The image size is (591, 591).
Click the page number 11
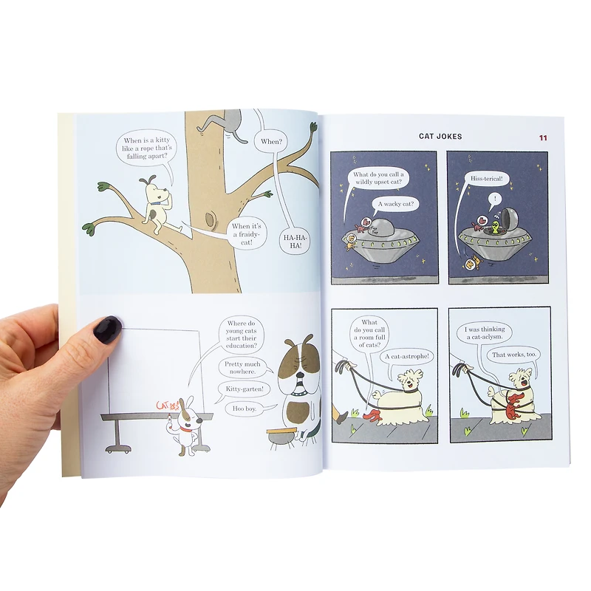pos(543,137)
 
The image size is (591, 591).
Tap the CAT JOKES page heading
pos(440,136)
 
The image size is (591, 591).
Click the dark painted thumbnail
pos(107,329)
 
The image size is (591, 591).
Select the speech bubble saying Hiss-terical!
pos(486,179)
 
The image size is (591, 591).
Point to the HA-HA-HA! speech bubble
pos(295,242)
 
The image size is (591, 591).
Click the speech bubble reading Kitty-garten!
pos(245,389)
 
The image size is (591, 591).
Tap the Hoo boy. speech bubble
pos(245,409)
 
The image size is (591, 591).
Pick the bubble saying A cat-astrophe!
pos(407,356)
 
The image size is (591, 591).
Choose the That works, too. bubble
pos(513,355)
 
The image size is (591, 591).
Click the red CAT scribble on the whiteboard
pos(168,406)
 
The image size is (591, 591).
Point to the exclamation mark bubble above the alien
pos(494,199)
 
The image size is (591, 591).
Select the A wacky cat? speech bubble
pos(395,205)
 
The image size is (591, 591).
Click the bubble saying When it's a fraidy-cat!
pos(247,234)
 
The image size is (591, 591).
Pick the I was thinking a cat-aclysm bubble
pos(485,332)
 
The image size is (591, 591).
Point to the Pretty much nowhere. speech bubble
pos(242,367)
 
